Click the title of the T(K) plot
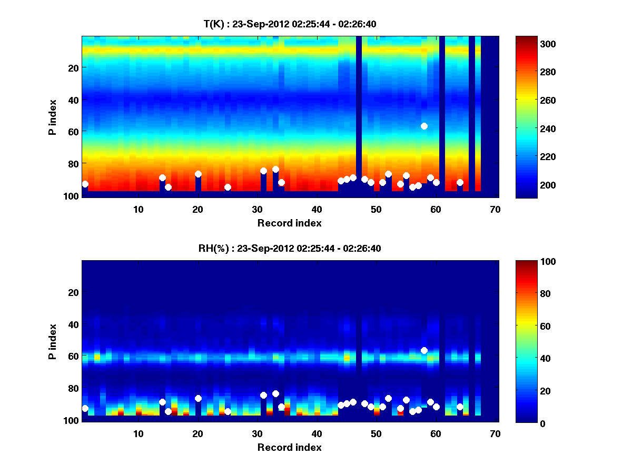coord(290,24)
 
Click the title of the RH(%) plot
coord(290,248)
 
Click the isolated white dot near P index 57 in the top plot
coord(424,126)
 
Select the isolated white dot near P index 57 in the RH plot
coord(424,350)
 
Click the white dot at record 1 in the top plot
coord(85,184)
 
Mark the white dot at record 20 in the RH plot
coord(198,398)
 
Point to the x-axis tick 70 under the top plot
coord(495,209)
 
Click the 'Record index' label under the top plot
coord(290,223)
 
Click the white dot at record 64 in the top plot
coord(460,182)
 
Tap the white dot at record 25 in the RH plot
coord(228,411)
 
